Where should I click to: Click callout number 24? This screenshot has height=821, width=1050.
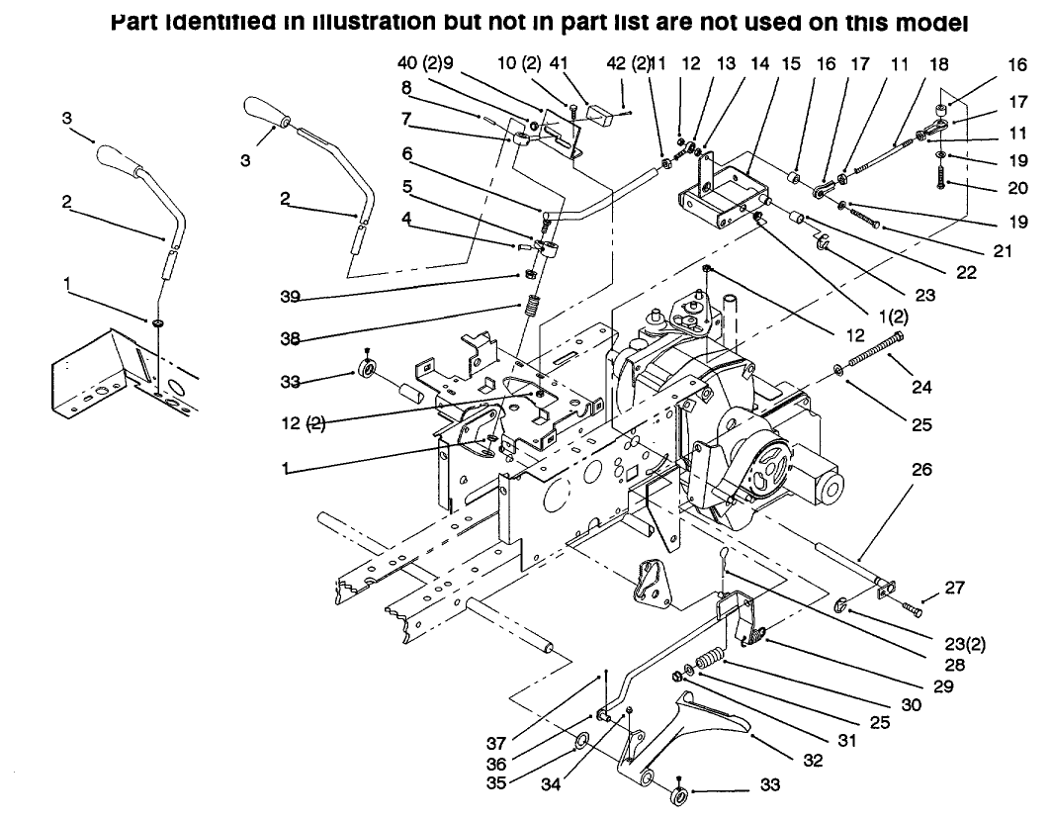(922, 387)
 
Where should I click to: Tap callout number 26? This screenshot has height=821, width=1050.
(921, 471)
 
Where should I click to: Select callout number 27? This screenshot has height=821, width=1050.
(954, 587)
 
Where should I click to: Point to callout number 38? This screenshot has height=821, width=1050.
(289, 336)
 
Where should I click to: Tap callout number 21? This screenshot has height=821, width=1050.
(1003, 251)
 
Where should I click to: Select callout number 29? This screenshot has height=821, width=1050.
(942, 685)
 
